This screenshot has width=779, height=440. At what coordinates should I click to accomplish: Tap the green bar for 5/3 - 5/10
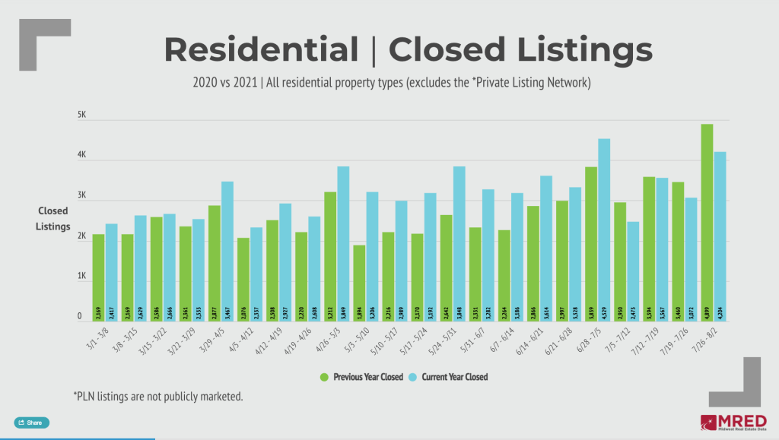click(x=359, y=283)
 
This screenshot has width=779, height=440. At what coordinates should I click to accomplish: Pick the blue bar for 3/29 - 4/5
click(x=227, y=252)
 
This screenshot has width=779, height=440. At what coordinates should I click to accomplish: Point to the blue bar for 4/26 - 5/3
click(x=343, y=244)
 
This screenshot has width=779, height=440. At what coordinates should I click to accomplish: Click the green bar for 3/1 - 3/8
click(x=98, y=277)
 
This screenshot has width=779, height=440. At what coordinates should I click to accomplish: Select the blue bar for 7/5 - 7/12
click(x=633, y=271)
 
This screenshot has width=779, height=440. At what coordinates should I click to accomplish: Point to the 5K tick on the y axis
click(x=83, y=116)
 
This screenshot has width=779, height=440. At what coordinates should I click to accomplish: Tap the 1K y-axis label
click(x=83, y=277)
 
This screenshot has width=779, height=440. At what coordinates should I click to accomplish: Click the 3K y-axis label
click(x=83, y=196)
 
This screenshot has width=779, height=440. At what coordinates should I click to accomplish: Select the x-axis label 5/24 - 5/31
click(x=444, y=343)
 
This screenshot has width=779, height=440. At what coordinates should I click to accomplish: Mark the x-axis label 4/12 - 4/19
click(x=270, y=343)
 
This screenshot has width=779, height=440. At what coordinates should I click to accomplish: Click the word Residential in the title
click(x=261, y=50)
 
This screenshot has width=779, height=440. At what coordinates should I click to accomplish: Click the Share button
click(x=31, y=422)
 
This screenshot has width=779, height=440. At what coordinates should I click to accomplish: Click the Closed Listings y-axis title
click(x=54, y=219)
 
